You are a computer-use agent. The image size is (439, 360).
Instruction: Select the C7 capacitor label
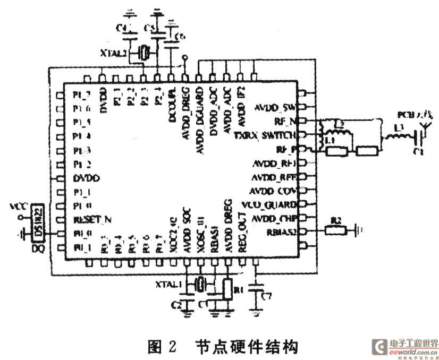click(x=267, y=295)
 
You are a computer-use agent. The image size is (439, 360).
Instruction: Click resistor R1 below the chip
click(x=227, y=289)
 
